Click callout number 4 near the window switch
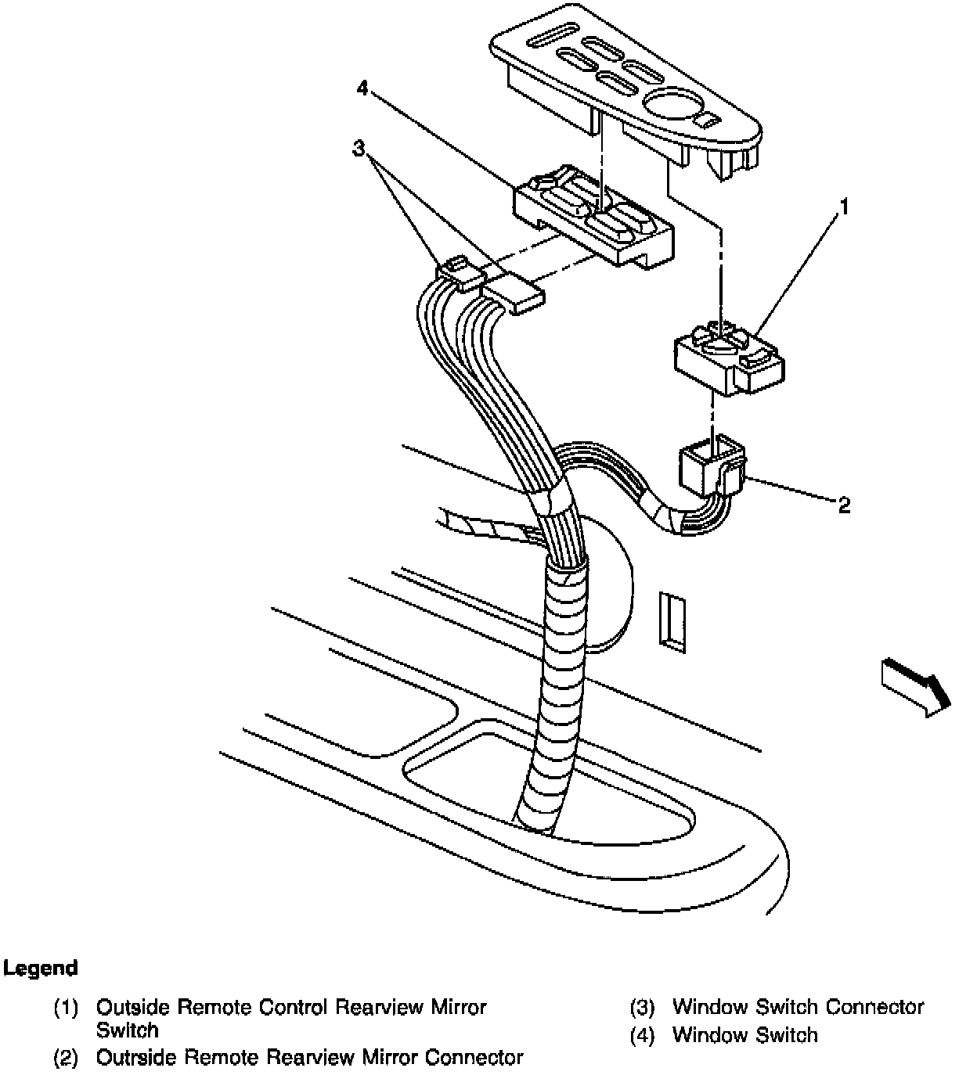pyautogui.click(x=361, y=88)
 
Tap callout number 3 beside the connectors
pyautogui.click(x=359, y=148)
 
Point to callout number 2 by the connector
pyautogui.click(x=843, y=505)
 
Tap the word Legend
pyautogui.click(x=41, y=968)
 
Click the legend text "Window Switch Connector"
pyautogui.click(x=798, y=1007)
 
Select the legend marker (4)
pyautogui.click(x=641, y=1036)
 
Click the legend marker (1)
pyautogui.click(x=66, y=1008)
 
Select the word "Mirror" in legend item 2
pyautogui.click(x=389, y=1058)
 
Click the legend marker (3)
pyautogui.click(x=641, y=1008)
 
